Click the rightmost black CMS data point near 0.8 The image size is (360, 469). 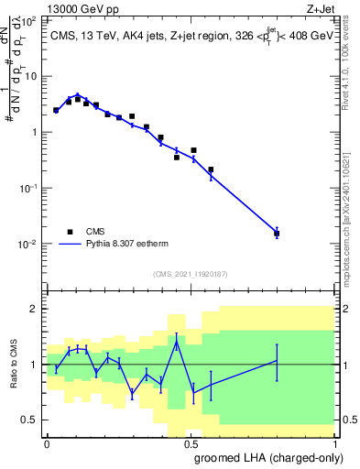pyautogui.click(x=277, y=234)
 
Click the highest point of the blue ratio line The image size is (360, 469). pyautogui.click(x=177, y=342)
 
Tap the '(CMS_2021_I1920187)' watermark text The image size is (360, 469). pyautogui.click(x=191, y=273)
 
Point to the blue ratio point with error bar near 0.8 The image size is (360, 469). pyautogui.click(x=277, y=361)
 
